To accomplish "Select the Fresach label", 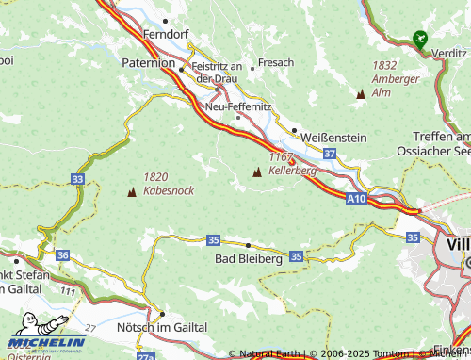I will (276, 62).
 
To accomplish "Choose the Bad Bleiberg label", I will (248, 257).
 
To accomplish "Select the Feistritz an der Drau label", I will (218, 73).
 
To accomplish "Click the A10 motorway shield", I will (355, 199).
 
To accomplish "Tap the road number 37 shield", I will (329, 153).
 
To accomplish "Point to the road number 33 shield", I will (77, 178).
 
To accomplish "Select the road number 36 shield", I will (62, 255).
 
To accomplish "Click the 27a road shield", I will (144, 355).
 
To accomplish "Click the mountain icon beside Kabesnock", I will (131, 192).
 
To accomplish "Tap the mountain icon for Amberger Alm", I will (360, 94).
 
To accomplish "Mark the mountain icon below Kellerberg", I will (257, 172).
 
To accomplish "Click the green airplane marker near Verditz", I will (418, 40).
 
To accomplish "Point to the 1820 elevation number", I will (156, 176).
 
